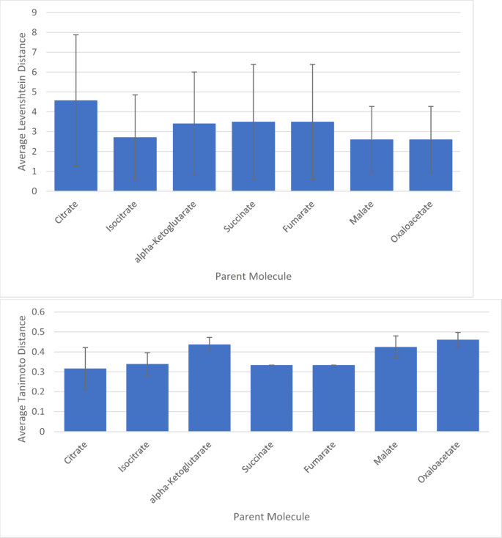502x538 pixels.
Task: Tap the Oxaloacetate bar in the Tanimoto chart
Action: click(458, 386)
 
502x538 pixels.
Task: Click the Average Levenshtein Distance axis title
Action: click(22, 101)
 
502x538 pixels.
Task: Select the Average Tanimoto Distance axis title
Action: click(22, 377)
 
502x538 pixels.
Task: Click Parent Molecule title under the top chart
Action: click(254, 276)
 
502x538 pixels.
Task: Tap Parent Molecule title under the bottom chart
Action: click(271, 517)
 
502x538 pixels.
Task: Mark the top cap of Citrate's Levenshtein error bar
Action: click(75, 34)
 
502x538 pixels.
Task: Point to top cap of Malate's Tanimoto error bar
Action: click(396, 336)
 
